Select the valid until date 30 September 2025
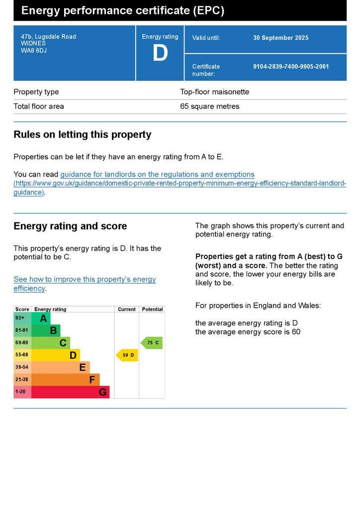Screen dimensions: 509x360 [280, 38]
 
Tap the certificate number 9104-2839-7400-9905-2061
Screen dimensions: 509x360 [291, 67]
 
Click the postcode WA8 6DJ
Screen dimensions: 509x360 [34, 50]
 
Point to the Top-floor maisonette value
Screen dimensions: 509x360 [214, 92]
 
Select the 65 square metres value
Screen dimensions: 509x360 [209, 106]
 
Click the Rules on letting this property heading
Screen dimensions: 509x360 [82, 135]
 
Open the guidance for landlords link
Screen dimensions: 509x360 [157, 174]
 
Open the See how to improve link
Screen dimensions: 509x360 [85, 279]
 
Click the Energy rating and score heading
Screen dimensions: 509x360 [70, 226]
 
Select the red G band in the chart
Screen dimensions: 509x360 [71, 392]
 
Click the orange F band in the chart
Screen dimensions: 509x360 [66, 380]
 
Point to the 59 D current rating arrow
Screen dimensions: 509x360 [127, 355]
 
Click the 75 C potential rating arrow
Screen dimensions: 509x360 [152, 343]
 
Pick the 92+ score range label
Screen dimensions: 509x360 [20, 318]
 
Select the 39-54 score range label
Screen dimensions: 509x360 [22, 367]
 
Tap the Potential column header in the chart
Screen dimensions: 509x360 [152, 309]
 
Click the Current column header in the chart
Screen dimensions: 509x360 [127, 309]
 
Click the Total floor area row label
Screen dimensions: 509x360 [39, 106]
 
